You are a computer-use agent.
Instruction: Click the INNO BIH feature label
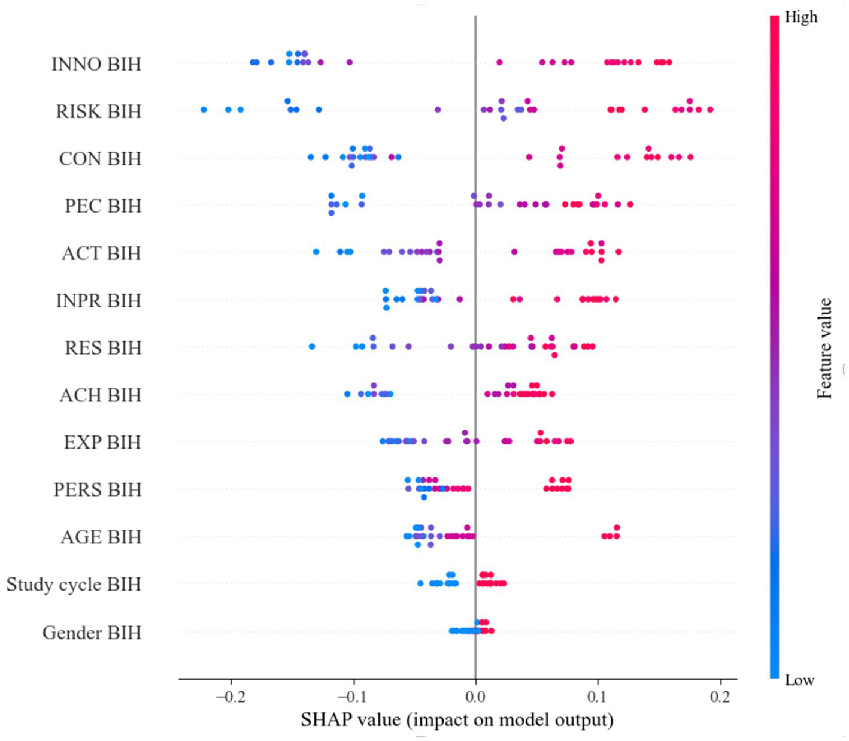pyautogui.click(x=96, y=63)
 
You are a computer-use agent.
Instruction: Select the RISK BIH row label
pyautogui.click(x=99, y=111)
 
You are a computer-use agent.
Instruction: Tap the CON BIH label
pyautogui.click(x=100, y=158)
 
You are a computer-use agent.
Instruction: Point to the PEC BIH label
pyautogui.click(x=103, y=205)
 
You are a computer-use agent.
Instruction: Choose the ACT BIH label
pyautogui.click(x=101, y=253)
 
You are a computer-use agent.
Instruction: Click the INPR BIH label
pyautogui.click(x=99, y=300)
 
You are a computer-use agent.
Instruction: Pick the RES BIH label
pyautogui.click(x=103, y=347)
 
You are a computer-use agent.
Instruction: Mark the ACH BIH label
pyautogui.click(x=100, y=395)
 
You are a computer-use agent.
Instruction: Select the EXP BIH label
pyautogui.click(x=102, y=442)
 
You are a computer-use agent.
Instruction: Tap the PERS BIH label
pyautogui.click(x=98, y=489)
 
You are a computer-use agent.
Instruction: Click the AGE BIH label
pyautogui.click(x=101, y=537)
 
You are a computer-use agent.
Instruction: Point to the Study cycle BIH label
pyautogui.click(x=74, y=584)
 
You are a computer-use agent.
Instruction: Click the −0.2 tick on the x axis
pyautogui.click(x=230, y=697)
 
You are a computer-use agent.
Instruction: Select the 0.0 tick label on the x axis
pyautogui.click(x=475, y=697)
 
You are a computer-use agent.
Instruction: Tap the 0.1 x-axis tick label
pyautogui.click(x=598, y=697)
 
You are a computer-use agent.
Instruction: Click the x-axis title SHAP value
pyautogui.click(x=457, y=719)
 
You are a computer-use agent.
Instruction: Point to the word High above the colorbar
pyautogui.click(x=801, y=17)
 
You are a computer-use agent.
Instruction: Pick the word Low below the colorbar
pyautogui.click(x=799, y=680)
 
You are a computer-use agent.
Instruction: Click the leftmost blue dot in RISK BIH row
pyautogui.click(x=204, y=110)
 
